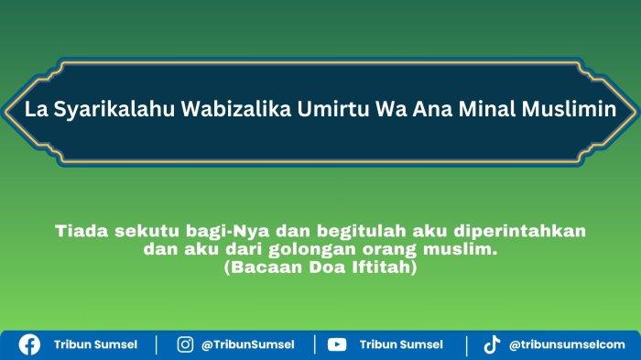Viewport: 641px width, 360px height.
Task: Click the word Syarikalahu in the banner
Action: (x=114, y=109)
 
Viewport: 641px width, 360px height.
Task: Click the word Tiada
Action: (x=81, y=231)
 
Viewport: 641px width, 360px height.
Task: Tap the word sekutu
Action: (x=147, y=231)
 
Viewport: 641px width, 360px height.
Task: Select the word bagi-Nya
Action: (x=228, y=232)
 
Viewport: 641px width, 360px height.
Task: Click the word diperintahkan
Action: (x=519, y=232)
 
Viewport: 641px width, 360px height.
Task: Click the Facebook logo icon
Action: (x=29, y=344)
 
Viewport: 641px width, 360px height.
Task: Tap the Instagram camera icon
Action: (x=185, y=344)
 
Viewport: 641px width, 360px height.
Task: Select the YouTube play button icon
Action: (x=337, y=344)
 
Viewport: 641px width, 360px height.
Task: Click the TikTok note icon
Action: (x=492, y=344)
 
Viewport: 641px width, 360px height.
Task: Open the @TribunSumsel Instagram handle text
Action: (x=248, y=344)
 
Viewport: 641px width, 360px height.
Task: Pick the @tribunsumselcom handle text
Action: (x=567, y=344)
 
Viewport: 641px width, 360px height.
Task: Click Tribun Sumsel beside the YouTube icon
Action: (x=401, y=344)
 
